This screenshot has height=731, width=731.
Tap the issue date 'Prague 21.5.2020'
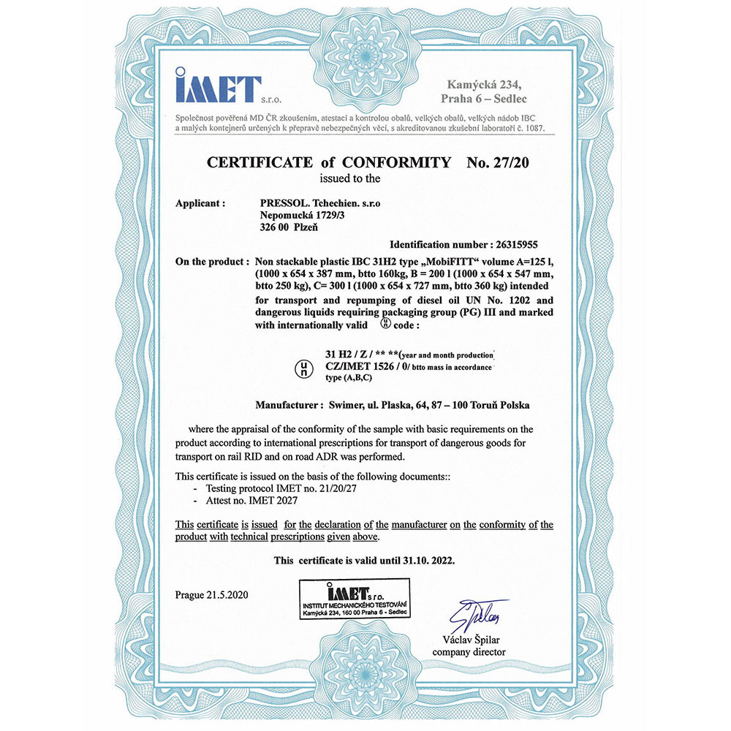tap(213, 594)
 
